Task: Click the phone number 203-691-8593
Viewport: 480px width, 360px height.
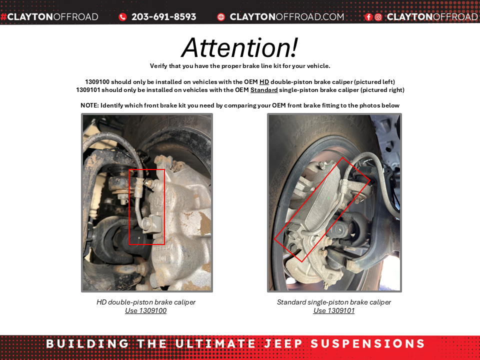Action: click(x=163, y=17)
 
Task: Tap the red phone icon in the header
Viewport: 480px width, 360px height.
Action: click(x=122, y=17)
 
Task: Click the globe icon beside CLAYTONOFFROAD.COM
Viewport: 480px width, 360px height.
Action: click(x=221, y=17)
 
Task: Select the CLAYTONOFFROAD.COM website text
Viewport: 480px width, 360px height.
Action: click(x=286, y=17)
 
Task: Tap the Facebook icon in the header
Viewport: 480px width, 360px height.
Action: click(x=368, y=17)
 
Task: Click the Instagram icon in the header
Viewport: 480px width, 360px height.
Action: click(x=378, y=17)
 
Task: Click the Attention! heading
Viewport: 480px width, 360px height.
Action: click(x=239, y=47)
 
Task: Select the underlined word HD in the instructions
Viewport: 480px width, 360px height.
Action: click(x=264, y=82)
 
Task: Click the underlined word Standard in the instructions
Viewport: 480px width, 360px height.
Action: click(x=264, y=90)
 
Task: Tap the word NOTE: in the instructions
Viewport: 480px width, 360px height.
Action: click(x=89, y=105)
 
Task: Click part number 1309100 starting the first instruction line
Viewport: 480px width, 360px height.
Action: click(x=97, y=82)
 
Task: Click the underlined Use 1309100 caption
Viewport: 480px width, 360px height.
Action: click(x=146, y=310)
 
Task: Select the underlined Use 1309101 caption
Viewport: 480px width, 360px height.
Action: click(x=334, y=310)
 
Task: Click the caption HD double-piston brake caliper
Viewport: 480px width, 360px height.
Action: click(x=146, y=302)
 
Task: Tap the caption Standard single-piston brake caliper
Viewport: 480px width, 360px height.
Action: click(x=334, y=302)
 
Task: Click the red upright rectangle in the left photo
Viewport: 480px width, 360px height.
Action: click(x=146, y=206)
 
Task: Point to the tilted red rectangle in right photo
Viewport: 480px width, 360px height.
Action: click(x=322, y=209)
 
